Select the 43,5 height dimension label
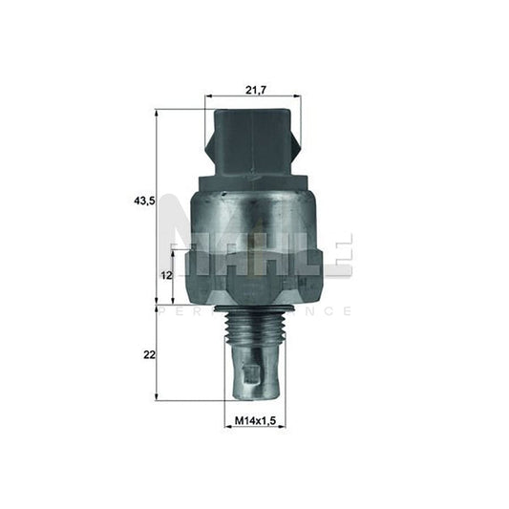tap(144, 201)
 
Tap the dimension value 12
tap(164, 275)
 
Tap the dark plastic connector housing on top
tap(253, 143)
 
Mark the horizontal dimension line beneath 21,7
tap(253, 96)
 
